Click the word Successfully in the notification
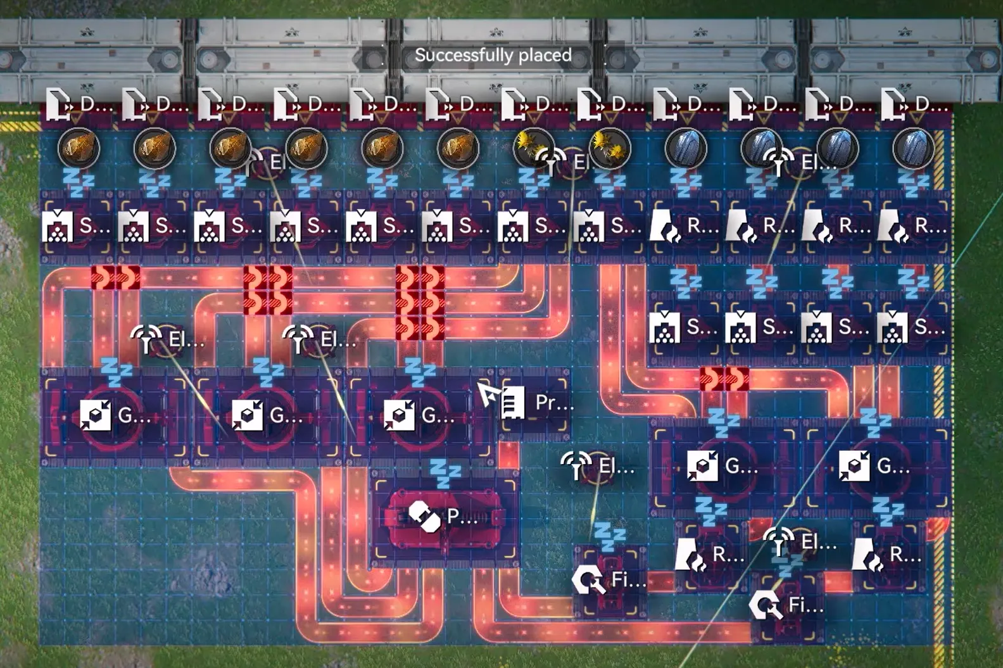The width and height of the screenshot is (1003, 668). click(x=456, y=56)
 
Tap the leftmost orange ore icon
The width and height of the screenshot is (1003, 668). click(x=79, y=148)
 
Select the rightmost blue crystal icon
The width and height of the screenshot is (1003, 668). click(x=914, y=148)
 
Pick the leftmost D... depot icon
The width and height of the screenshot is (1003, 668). click(x=59, y=104)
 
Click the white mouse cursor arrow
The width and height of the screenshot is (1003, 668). click(x=487, y=394)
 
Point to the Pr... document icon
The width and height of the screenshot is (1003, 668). click(x=512, y=403)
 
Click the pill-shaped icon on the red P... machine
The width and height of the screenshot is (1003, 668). click(x=424, y=517)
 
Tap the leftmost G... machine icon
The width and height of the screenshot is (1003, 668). click(x=96, y=416)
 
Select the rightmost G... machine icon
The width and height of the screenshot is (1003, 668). click(x=854, y=467)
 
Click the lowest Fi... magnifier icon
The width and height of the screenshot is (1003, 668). click(x=766, y=606)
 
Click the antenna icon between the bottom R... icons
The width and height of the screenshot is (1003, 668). click(x=779, y=542)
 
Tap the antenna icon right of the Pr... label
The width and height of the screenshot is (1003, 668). click(x=576, y=466)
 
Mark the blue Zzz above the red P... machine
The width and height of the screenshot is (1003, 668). click(x=445, y=473)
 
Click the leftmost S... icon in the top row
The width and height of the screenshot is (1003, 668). click(x=58, y=226)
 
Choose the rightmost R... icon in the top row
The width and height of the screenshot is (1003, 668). click(x=893, y=226)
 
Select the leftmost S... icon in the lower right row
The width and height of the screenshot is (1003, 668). click(x=665, y=327)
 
